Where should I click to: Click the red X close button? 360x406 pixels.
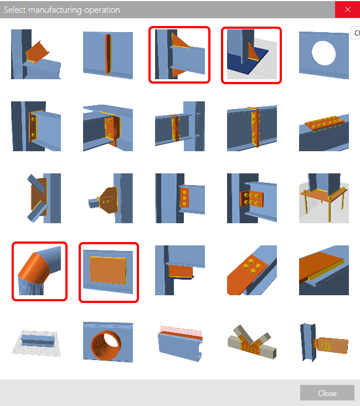tap(347, 9)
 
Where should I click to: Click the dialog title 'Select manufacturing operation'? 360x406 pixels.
tap(62, 9)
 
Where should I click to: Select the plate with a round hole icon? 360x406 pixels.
tap(324, 55)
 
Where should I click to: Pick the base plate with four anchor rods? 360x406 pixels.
tap(324, 198)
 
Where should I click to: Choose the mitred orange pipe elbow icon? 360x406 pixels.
tap(39, 271)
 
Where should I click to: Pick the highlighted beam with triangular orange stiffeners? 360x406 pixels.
tap(179, 55)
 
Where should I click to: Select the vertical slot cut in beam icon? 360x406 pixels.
tap(108, 55)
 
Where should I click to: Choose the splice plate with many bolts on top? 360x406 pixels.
tap(324, 126)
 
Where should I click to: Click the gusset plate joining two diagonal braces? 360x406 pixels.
tap(36, 198)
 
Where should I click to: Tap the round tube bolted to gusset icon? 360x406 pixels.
tap(108, 198)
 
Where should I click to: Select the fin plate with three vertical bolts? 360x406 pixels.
tap(180, 198)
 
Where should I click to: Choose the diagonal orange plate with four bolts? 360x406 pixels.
tap(252, 271)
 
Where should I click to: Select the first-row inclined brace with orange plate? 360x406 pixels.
tap(36, 55)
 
